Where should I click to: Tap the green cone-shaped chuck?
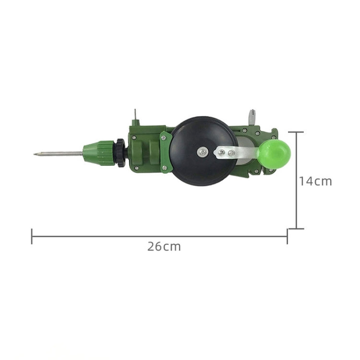[x=98, y=152]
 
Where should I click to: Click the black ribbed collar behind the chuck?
[x=120, y=152]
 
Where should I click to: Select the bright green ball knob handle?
[x=274, y=153]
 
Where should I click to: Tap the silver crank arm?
[x=235, y=153]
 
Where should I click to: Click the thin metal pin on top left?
[x=136, y=115]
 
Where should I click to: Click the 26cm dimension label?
[x=164, y=247]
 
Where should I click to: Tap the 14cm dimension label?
[x=315, y=181]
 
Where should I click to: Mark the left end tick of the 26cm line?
[x=32, y=236]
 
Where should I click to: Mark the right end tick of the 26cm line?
[x=287, y=236]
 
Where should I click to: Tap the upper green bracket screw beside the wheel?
[x=165, y=137]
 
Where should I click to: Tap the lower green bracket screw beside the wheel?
[x=165, y=168]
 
